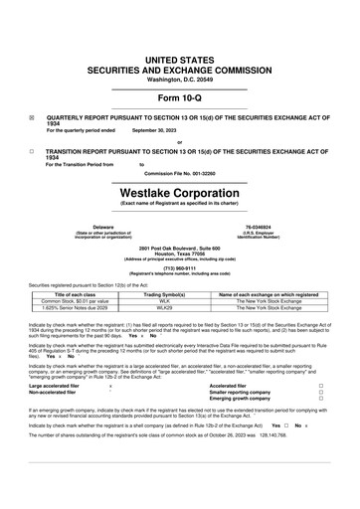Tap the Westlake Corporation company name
point(179,189)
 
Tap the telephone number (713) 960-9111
point(179,267)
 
